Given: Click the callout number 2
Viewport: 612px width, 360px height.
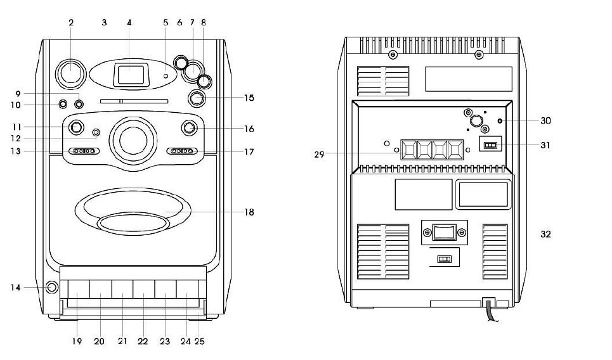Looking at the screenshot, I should pyautogui.click(x=71, y=22).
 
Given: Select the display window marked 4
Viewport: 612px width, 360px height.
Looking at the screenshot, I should pyautogui.click(x=129, y=74).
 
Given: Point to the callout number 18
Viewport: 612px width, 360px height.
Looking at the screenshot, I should pyautogui.click(x=249, y=212).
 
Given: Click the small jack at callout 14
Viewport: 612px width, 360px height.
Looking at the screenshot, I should pyautogui.click(x=51, y=288).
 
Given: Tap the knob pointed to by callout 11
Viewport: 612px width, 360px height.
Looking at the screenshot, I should pyautogui.click(x=75, y=127).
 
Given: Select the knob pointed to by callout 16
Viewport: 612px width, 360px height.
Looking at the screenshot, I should pyautogui.click(x=188, y=128).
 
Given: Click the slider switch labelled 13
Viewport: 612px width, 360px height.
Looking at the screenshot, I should pyautogui.click(x=83, y=151).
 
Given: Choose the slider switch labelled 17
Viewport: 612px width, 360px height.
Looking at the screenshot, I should pyautogui.click(x=182, y=151).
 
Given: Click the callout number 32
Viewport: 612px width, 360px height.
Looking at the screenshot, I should pyautogui.click(x=545, y=234).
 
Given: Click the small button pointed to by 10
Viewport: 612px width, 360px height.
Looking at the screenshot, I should pyautogui.click(x=63, y=105).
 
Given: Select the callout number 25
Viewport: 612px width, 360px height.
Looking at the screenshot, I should pyautogui.click(x=200, y=342).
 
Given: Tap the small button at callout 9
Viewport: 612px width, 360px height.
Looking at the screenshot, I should pyautogui.click(x=79, y=103).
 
